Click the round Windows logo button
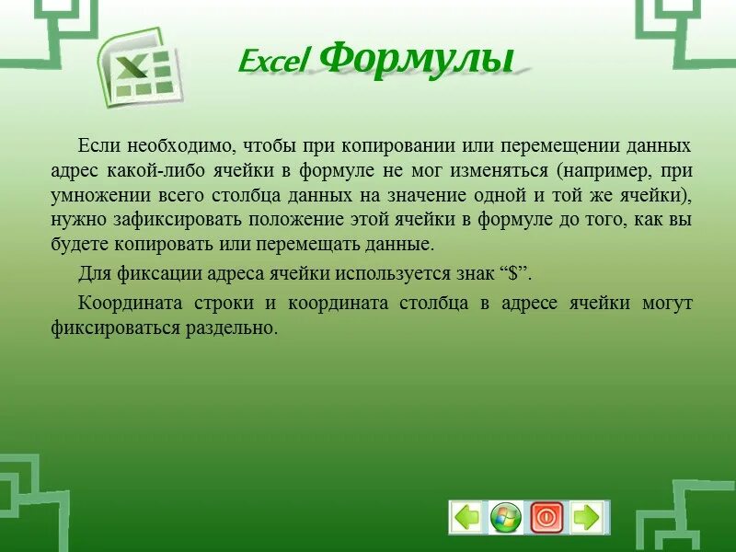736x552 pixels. [505, 517]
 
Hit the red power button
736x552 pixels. [546, 517]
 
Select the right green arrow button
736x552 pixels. [586, 517]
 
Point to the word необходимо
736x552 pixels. [181, 145]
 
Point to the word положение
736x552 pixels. [276, 220]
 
